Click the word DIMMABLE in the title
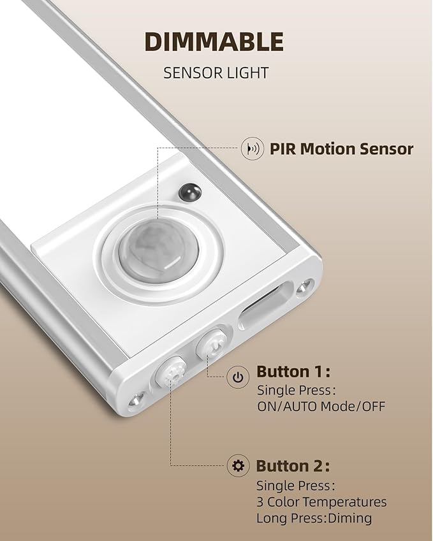coord(213,42)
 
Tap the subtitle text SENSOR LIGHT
coord(216,73)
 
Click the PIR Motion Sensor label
coord(341,149)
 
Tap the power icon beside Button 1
coord(238,377)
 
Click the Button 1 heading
coord(293,372)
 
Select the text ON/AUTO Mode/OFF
coord(321,406)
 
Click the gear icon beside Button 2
coord(238,466)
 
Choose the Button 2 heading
coord(293,466)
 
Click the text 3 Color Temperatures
coord(321,501)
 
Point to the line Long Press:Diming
coord(314,518)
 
